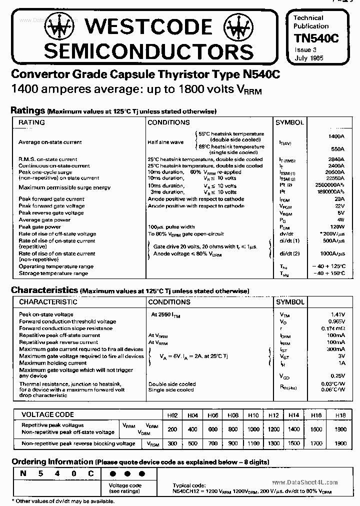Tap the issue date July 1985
(x=308, y=58)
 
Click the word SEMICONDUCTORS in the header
(x=149, y=50)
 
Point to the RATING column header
(x=31, y=122)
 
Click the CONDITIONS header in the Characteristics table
(x=169, y=302)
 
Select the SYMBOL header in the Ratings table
(x=289, y=122)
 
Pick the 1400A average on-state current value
(x=336, y=136)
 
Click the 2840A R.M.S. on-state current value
(x=336, y=159)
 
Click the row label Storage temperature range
(x=53, y=273)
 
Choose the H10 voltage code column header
(x=253, y=415)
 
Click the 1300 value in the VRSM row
(x=273, y=443)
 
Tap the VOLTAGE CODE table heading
(x=47, y=414)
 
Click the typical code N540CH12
(x=187, y=491)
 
